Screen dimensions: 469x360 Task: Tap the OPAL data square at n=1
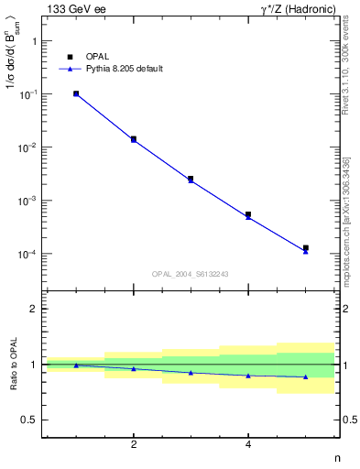click(x=76, y=93)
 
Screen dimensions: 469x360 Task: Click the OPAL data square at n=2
click(x=134, y=139)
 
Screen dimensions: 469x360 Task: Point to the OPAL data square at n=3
click(x=191, y=179)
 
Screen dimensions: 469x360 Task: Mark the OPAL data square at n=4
click(x=248, y=214)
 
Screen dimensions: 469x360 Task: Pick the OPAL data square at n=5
click(x=306, y=248)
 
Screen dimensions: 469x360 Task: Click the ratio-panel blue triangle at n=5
click(x=306, y=376)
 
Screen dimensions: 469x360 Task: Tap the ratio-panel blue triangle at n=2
click(x=134, y=368)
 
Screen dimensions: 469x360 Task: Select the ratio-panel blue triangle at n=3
click(x=191, y=373)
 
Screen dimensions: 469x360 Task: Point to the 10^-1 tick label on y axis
click(x=29, y=94)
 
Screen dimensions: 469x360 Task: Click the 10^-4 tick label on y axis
click(x=29, y=254)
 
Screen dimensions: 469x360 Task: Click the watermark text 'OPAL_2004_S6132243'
click(x=190, y=273)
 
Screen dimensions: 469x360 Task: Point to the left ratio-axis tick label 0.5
click(x=29, y=420)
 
